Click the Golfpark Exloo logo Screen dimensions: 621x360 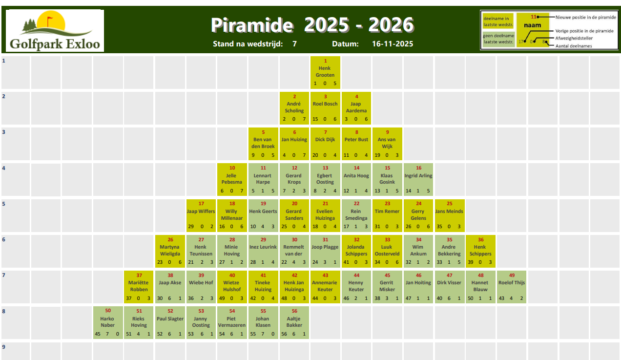click(x=55, y=30)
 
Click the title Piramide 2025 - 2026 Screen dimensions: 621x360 click(x=312, y=25)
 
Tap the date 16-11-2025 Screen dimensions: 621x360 click(x=393, y=44)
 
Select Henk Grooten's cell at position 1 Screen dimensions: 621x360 click(x=325, y=72)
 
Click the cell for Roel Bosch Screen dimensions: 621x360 click(x=325, y=108)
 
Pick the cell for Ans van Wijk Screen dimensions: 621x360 click(x=387, y=144)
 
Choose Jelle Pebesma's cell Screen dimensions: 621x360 click(x=232, y=179)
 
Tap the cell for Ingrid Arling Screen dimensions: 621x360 click(x=418, y=179)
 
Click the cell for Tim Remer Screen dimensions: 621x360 click(x=387, y=215)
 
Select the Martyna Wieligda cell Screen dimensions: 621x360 click(x=170, y=251)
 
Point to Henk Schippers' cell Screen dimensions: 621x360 click(x=480, y=251)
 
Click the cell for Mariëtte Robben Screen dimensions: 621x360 click(x=139, y=287)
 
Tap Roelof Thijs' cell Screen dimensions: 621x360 click(x=512, y=287)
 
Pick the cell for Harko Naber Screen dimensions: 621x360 click(x=108, y=322)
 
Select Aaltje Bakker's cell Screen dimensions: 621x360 click(x=294, y=322)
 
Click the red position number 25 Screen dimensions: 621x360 click(x=449, y=203)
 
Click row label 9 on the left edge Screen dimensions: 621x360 click(x=3, y=347)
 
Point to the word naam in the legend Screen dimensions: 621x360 click(x=532, y=25)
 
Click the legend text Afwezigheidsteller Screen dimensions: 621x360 click(x=574, y=38)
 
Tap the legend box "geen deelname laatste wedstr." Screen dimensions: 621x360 click(x=498, y=39)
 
